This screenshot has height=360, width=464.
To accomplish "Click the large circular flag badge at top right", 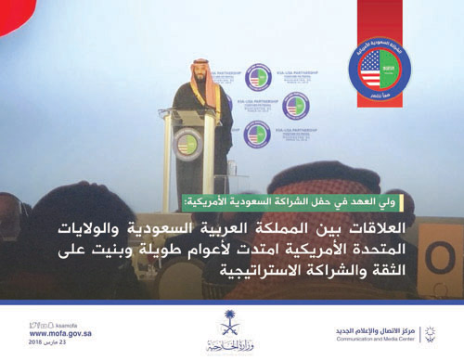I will pyautogui.click(x=379, y=63).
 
